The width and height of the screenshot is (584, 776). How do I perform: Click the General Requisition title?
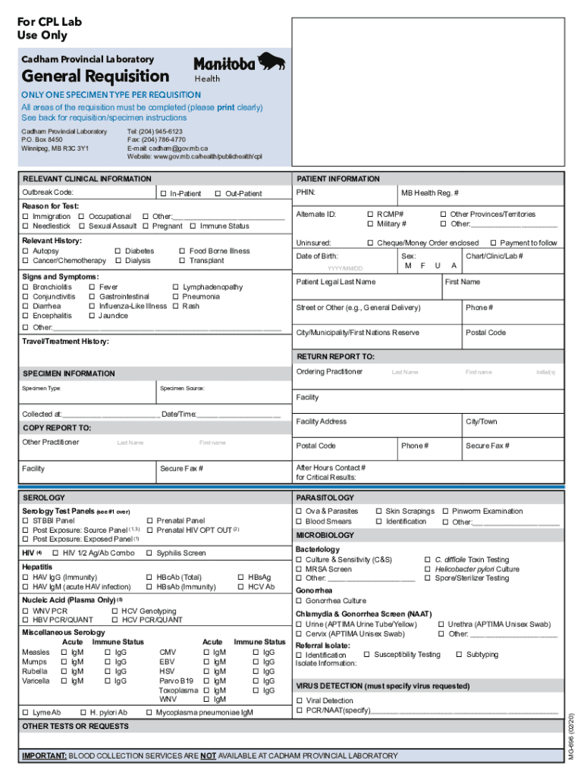(96, 77)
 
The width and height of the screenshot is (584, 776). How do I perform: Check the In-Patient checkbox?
(164, 194)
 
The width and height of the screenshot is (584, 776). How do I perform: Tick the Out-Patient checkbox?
(218, 194)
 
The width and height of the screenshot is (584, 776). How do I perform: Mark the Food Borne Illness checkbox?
(182, 251)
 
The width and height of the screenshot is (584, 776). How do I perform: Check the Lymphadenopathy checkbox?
(176, 287)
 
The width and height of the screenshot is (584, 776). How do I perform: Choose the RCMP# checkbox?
(370, 214)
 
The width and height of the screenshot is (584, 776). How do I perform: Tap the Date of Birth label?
(317, 256)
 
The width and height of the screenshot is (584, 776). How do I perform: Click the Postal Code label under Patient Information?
(485, 333)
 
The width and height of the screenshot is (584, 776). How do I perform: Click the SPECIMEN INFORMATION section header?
(69, 374)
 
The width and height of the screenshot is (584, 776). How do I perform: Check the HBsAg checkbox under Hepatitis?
(240, 577)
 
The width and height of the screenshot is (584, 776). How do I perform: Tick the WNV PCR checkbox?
(26, 611)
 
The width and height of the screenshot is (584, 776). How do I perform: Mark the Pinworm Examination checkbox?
(445, 512)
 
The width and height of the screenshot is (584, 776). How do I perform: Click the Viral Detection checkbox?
(300, 701)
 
